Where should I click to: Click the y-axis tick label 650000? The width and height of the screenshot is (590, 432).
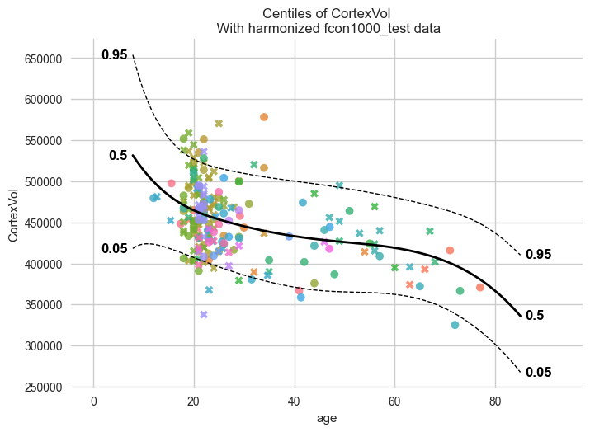(x=43, y=59)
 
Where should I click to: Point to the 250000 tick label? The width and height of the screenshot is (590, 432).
(x=43, y=387)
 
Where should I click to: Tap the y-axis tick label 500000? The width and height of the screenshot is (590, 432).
(x=43, y=182)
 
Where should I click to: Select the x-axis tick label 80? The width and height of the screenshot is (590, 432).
(x=495, y=401)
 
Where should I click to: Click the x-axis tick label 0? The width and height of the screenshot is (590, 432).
(x=94, y=401)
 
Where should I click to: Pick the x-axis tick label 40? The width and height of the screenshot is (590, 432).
(x=295, y=401)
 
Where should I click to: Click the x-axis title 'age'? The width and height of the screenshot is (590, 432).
(x=327, y=419)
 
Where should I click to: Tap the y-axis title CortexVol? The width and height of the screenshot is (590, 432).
(x=13, y=215)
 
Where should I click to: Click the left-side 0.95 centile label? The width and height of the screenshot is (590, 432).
(x=115, y=55)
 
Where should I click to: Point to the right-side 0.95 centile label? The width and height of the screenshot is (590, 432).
(x=539, y=255)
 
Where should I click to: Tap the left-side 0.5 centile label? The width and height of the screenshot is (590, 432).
(x=118, y=155)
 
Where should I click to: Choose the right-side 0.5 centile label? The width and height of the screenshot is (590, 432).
(x=535, y=315)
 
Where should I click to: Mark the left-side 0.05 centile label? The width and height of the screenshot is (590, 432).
(x=115, y=248)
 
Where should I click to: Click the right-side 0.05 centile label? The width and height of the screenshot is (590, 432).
(x=539, y=372)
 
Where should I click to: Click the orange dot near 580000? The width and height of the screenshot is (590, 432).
(x=264, y=117)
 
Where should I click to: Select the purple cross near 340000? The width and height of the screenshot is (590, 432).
(x=204, y=314)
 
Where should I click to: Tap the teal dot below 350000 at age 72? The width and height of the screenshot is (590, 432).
(x=455, y=325)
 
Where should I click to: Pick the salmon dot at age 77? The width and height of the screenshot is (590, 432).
(x=479, y=287)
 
